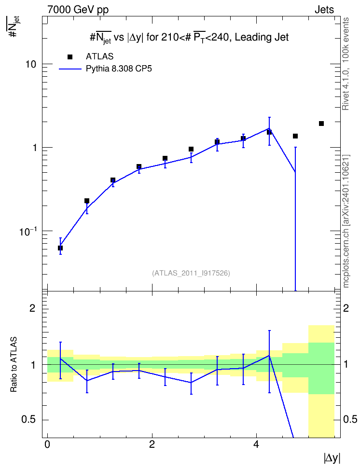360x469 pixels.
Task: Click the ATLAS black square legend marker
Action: [70, 57]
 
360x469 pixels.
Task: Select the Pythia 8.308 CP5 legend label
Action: [119, 69]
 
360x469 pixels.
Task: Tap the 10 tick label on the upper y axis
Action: [30, 64]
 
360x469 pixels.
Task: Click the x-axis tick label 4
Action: [256, 444]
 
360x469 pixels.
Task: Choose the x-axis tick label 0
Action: [47, 444]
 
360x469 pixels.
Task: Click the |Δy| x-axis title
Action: [332, 458]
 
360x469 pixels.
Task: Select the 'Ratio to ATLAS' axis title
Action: [14, 365]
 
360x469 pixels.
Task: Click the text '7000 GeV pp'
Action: [78, 10]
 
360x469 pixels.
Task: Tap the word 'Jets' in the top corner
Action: [324, 10]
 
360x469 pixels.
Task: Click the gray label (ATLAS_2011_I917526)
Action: [191, 273]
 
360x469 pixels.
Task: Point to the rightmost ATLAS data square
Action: [321, 124]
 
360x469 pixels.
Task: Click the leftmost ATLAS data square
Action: [60, 248]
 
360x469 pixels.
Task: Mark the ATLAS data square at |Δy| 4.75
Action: [295, 136]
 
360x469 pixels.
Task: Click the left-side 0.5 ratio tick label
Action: [28, 420]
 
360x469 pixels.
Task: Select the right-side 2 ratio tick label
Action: [346, 308]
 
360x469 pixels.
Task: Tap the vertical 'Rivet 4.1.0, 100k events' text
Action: [346, 64]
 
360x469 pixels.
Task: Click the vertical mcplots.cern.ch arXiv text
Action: [346, 221]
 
